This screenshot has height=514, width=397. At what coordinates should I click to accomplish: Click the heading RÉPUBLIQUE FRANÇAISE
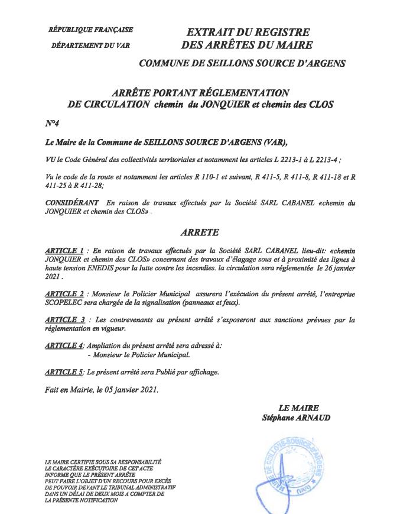91,30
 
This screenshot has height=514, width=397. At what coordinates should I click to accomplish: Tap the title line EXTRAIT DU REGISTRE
248,33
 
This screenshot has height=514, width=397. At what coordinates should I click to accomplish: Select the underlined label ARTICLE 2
64,293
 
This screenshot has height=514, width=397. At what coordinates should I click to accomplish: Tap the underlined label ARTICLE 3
64,320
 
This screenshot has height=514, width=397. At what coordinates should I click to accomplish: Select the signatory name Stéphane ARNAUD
297,418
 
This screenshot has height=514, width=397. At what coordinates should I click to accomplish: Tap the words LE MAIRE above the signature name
299,408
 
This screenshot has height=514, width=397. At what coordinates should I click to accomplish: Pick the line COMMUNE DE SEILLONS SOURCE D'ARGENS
242,63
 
